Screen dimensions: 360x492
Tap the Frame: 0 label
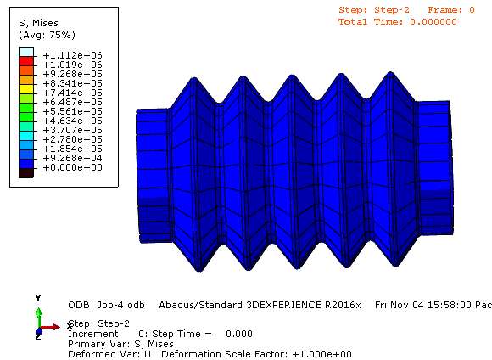(x=451, y=9)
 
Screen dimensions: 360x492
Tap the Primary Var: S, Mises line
(x=120, y=344)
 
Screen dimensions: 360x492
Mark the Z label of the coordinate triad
(x=38, y=337)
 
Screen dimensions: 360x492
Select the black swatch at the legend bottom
(x=26, y=172)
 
